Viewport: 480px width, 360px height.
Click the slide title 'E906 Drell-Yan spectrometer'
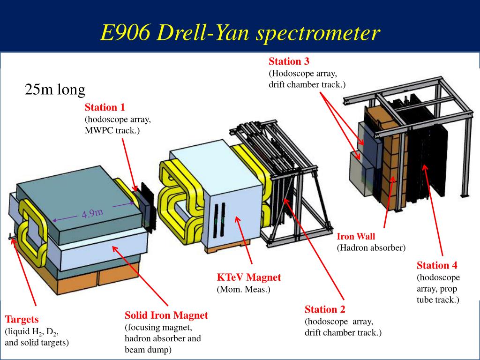point(240,32)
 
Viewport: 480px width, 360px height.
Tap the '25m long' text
point(55,90)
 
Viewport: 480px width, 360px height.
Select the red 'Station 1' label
point(105,107)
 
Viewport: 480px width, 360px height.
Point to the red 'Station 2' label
point(325,309)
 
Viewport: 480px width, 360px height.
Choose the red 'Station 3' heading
point(289,61)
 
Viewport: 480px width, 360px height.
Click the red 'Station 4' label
point(437,265)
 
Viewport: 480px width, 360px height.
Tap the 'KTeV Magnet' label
point(248,277)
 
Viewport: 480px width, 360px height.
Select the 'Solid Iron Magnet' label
point(166,315)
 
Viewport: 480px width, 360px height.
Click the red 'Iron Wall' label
point(356,236)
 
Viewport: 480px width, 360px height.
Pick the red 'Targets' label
point(22,319)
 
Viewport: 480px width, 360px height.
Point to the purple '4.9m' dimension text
point(92,213)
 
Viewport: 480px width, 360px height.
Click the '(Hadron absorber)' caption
point(371,247)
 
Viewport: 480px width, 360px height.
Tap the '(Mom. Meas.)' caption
point(243,289)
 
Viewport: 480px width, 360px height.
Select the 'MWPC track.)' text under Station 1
point(112,130)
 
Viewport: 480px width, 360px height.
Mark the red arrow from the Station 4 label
point(433,210)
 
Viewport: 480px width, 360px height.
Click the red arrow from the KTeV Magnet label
point(244,240)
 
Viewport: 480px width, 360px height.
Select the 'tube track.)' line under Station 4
point(438,300)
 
